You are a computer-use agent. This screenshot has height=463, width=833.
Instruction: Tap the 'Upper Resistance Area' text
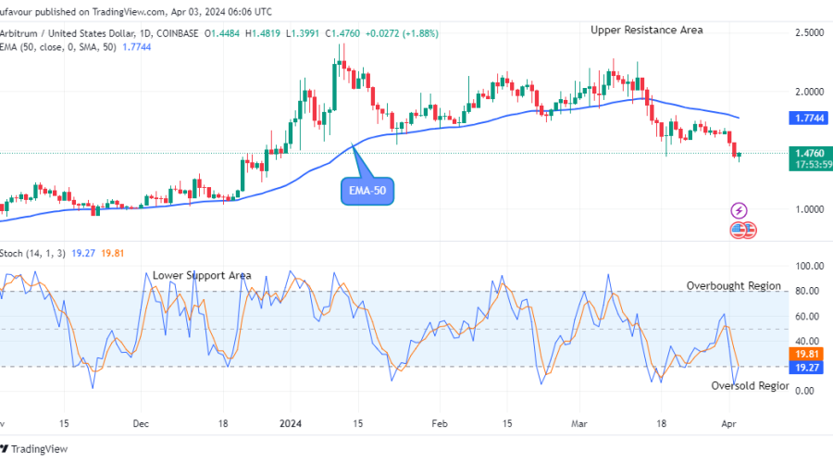pos(646,30)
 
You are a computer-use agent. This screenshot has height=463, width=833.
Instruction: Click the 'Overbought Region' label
pos(733,286)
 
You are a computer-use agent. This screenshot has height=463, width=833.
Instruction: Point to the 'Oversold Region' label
pos(750,385)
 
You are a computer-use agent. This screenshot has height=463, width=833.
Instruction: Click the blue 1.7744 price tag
pos(811,119)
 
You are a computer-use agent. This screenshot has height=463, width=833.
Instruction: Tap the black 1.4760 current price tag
pos(811,153)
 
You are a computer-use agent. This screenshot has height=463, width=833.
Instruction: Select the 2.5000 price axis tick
pos(811,33)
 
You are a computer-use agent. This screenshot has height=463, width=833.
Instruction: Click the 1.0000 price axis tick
pos(811,209)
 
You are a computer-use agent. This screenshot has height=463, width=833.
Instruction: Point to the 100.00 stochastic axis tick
pos(810,266)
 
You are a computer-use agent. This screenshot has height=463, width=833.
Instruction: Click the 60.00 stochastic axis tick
pos(811,316)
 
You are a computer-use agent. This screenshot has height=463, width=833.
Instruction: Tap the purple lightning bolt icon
pos(739,210)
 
